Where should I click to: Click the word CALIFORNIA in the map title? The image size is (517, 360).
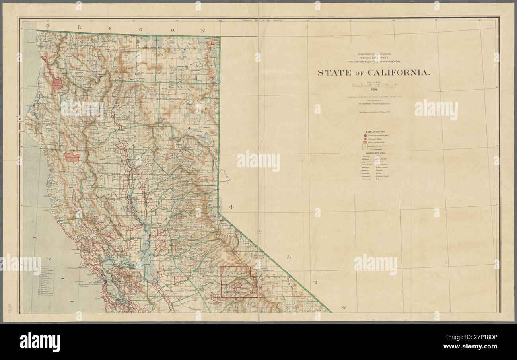click(392, 73)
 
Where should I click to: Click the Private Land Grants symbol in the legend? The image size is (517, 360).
click(365, 142)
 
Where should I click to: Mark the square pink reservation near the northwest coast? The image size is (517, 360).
click(58, 84)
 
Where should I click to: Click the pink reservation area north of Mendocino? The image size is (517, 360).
click(72, 156)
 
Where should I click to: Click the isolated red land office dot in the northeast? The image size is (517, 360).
click(190, 128)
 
